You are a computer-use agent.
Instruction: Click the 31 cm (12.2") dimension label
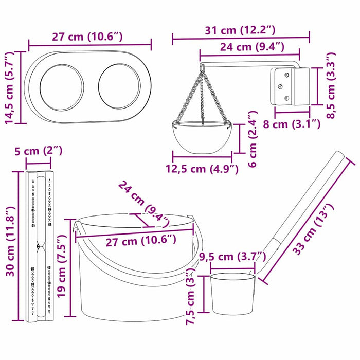tap(241, 30)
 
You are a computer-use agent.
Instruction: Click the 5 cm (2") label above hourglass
tap(38, 151)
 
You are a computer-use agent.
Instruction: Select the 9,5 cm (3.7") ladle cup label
tap(232, 257)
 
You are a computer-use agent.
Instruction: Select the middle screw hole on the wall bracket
tap(281, 86)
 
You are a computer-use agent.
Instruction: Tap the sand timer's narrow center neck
tap(39, 247)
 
